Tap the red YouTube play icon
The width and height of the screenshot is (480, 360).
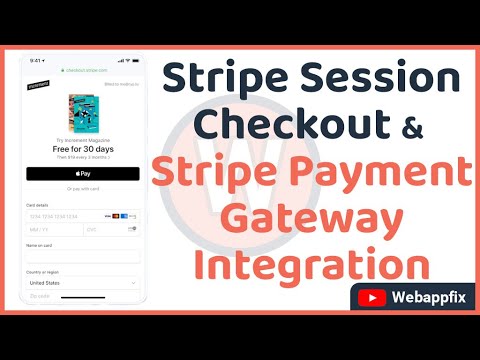(372, 298)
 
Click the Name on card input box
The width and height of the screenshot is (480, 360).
(82, 257)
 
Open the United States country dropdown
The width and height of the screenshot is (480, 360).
(82, 282)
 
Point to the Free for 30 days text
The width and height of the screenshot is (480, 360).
(82, 148)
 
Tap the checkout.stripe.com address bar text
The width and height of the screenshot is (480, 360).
(86, 70)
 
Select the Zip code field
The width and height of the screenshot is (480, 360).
(82, 296)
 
